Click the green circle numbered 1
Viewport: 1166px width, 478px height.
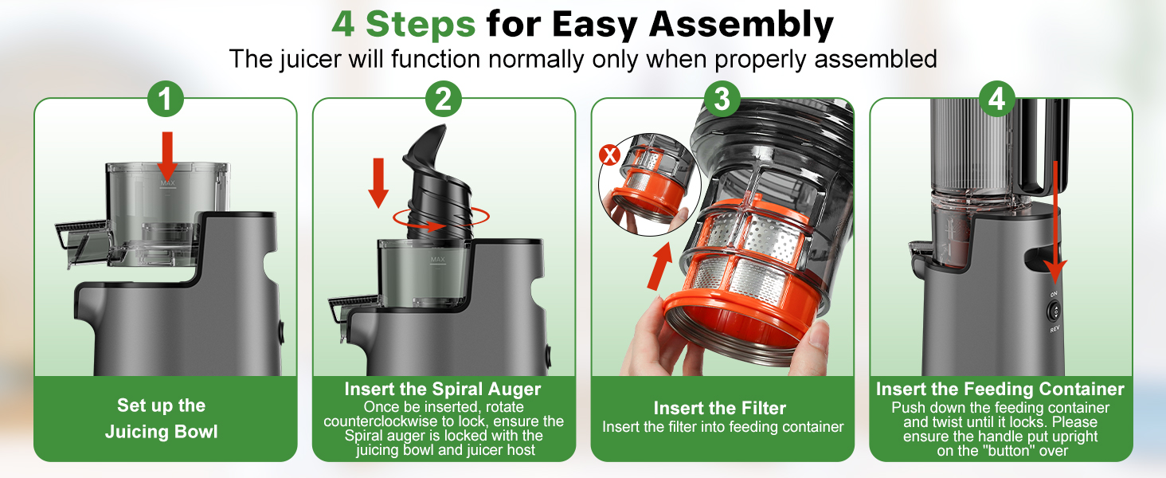pos(166,99)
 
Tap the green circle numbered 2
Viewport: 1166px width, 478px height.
pos(444,99)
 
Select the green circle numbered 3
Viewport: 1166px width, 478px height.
pos(722,99)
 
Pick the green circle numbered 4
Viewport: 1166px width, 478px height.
pos(997,99)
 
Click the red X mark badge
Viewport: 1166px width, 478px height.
pos(609,155)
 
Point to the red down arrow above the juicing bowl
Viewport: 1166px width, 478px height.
pos(167,155)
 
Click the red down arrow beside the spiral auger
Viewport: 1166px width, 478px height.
pos(378,182)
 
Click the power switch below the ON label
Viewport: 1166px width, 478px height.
pos(1054,311)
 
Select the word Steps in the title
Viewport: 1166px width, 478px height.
pos(421,24)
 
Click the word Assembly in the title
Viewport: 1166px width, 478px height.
pos(741,25)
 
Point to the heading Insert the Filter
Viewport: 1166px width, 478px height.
pos(720,408)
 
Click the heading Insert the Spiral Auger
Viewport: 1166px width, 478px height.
pos(443,390)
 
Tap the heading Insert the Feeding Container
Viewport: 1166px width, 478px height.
pos(1000,389)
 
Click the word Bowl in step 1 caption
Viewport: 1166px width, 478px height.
pos(196,432)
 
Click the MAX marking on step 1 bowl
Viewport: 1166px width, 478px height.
pos(167,182)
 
